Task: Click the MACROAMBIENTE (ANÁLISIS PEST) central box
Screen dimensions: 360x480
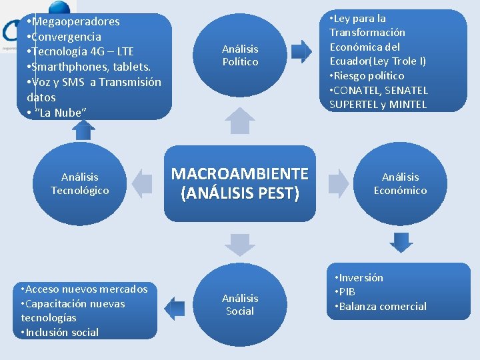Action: (x=240, y=183)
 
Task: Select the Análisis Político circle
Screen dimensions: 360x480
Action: (x=240, y=55)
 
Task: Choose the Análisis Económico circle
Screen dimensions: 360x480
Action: (x=400, y=183)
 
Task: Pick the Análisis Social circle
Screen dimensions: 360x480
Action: (x=240, y=305)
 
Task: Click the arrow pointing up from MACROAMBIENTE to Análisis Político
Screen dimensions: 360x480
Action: (x=240, y=122)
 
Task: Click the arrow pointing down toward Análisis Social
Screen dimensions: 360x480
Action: (x=240, y=245)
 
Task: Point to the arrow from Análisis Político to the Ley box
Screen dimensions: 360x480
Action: (x=302, y=52)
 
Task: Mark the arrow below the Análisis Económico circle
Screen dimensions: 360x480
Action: (x=401, y=241)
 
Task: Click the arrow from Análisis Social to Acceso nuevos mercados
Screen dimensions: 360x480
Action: (x=175, y=309)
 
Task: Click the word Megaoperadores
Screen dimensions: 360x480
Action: (x=73, y=21)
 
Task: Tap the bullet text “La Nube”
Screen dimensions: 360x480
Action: (x=60, y=112)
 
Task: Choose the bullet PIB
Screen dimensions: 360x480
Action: (x=347, y=292)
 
